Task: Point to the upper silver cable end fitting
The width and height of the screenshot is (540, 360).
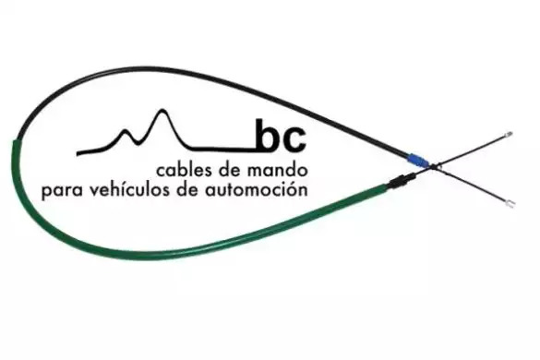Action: [508, 135]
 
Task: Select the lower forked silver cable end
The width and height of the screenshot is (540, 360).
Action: [510, 204]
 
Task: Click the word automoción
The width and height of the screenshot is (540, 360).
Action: [257, 189]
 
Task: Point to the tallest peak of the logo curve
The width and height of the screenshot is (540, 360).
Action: [162, 110]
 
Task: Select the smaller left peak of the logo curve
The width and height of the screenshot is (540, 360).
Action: [124, 131]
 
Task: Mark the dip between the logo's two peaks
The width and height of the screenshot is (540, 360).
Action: [138, 142]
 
